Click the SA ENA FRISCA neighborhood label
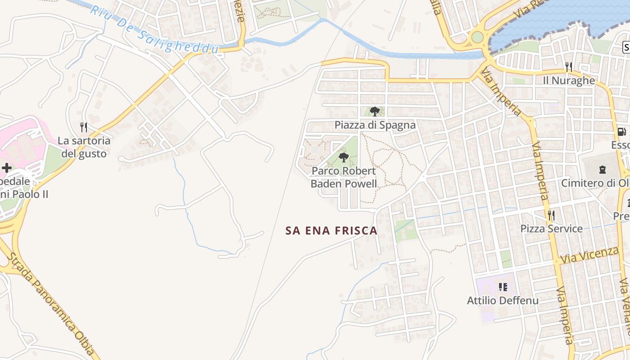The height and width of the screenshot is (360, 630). [x=331, y=231]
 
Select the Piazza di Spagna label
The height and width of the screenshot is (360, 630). [x=375, y=125]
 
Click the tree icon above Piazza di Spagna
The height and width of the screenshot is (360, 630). [x=374, y=111]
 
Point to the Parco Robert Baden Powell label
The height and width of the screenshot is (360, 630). [x=344, y=177]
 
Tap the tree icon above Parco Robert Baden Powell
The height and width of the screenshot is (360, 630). [x=344, y=157]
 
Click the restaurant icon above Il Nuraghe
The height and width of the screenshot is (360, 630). [x=569, y=67]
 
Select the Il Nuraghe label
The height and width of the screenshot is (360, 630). [x=569, y=81]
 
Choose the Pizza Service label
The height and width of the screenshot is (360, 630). [x=551, y=229]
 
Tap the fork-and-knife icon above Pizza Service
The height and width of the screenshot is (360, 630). [x=551, y=215]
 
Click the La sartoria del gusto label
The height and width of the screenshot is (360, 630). [x=84, y=147]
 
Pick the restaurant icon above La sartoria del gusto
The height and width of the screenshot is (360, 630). [x=83, y=127]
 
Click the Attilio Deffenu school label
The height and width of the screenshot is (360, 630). [x=503, y=300]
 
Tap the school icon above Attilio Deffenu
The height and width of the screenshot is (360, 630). [x=503, y=287]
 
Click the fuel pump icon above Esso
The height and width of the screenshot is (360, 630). [x=621, y=132]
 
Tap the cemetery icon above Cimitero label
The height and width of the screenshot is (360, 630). [x=602, y=170]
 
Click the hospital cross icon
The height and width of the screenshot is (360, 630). [x=7, y=168]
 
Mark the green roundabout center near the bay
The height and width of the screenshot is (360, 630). [x=477, y=37]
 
